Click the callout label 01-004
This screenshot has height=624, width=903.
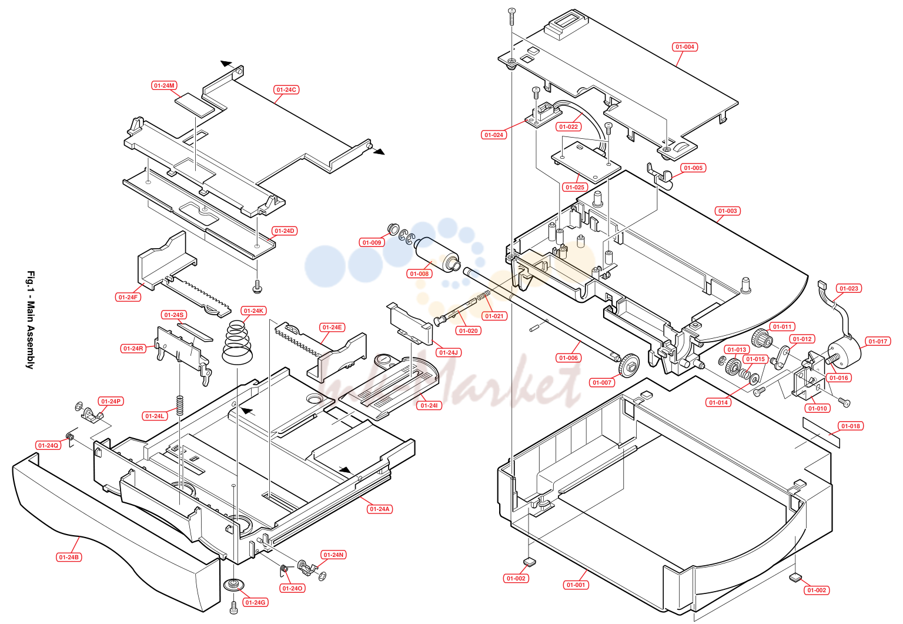[x=685, y=47]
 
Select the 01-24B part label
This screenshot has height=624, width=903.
[x=69, y=557]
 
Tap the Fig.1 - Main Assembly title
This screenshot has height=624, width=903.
[x=31, y=320]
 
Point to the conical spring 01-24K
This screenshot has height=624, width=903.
[x=237, y=342]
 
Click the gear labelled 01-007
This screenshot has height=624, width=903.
[x=628, y=365]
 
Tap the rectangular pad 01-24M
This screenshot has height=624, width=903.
[x=195, y=104]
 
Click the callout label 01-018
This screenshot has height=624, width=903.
[x=851, y=426]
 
